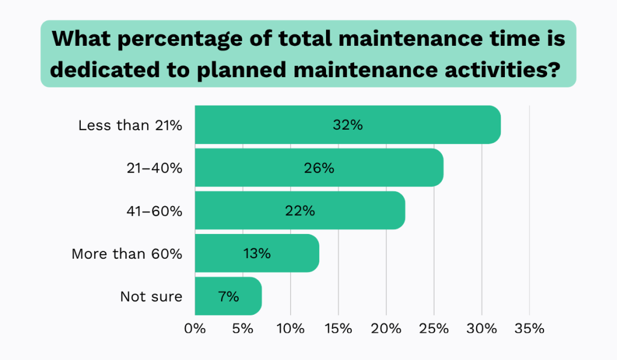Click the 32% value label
(x=348, y=125)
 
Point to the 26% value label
(x=319, y=168)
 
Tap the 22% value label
(x=299, y=210)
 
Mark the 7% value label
(x=228, y=296)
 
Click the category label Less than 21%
(x=130, y=125)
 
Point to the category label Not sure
(x=151, y=297)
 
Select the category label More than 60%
(x=127, y=254)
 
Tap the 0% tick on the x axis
(x=195, y=329)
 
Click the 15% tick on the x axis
(x=338, y=329)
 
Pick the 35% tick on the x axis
(x=529, y=329)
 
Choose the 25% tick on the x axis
(x=434, y=329)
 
